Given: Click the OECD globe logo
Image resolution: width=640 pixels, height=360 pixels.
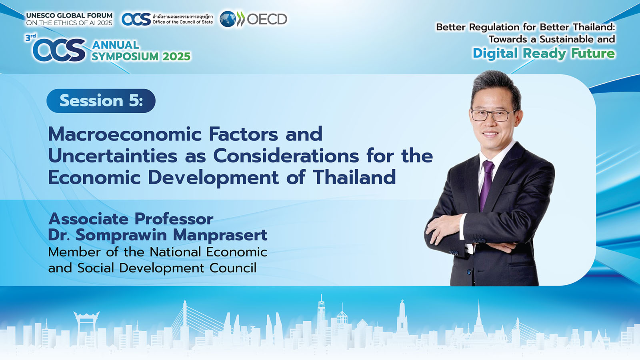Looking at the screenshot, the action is tap(228, 19).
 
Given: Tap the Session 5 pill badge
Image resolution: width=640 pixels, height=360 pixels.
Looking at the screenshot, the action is tap(101, 100).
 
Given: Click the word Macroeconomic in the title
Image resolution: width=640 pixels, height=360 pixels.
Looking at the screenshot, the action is tap(124, 134).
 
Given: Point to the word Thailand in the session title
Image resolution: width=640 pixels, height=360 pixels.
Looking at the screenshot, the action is tap(354, 177).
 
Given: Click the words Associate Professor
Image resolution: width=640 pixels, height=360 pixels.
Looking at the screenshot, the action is tap(131, 219).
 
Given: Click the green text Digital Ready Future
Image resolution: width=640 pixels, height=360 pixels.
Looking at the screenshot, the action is tap(544, 54).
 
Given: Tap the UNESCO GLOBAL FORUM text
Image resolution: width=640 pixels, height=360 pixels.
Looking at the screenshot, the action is tap(70, 16).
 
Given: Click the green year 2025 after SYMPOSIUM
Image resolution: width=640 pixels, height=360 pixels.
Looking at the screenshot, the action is tap(176, 56).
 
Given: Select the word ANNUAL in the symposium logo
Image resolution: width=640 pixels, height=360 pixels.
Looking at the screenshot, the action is tap(116, 45).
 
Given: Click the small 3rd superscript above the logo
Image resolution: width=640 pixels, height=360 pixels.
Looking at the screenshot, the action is tap(30, 38).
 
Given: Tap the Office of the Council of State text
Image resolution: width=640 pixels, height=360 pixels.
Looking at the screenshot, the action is tap(182, 22).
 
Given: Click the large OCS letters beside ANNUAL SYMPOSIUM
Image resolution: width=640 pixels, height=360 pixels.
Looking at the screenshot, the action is tap(60, 50).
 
